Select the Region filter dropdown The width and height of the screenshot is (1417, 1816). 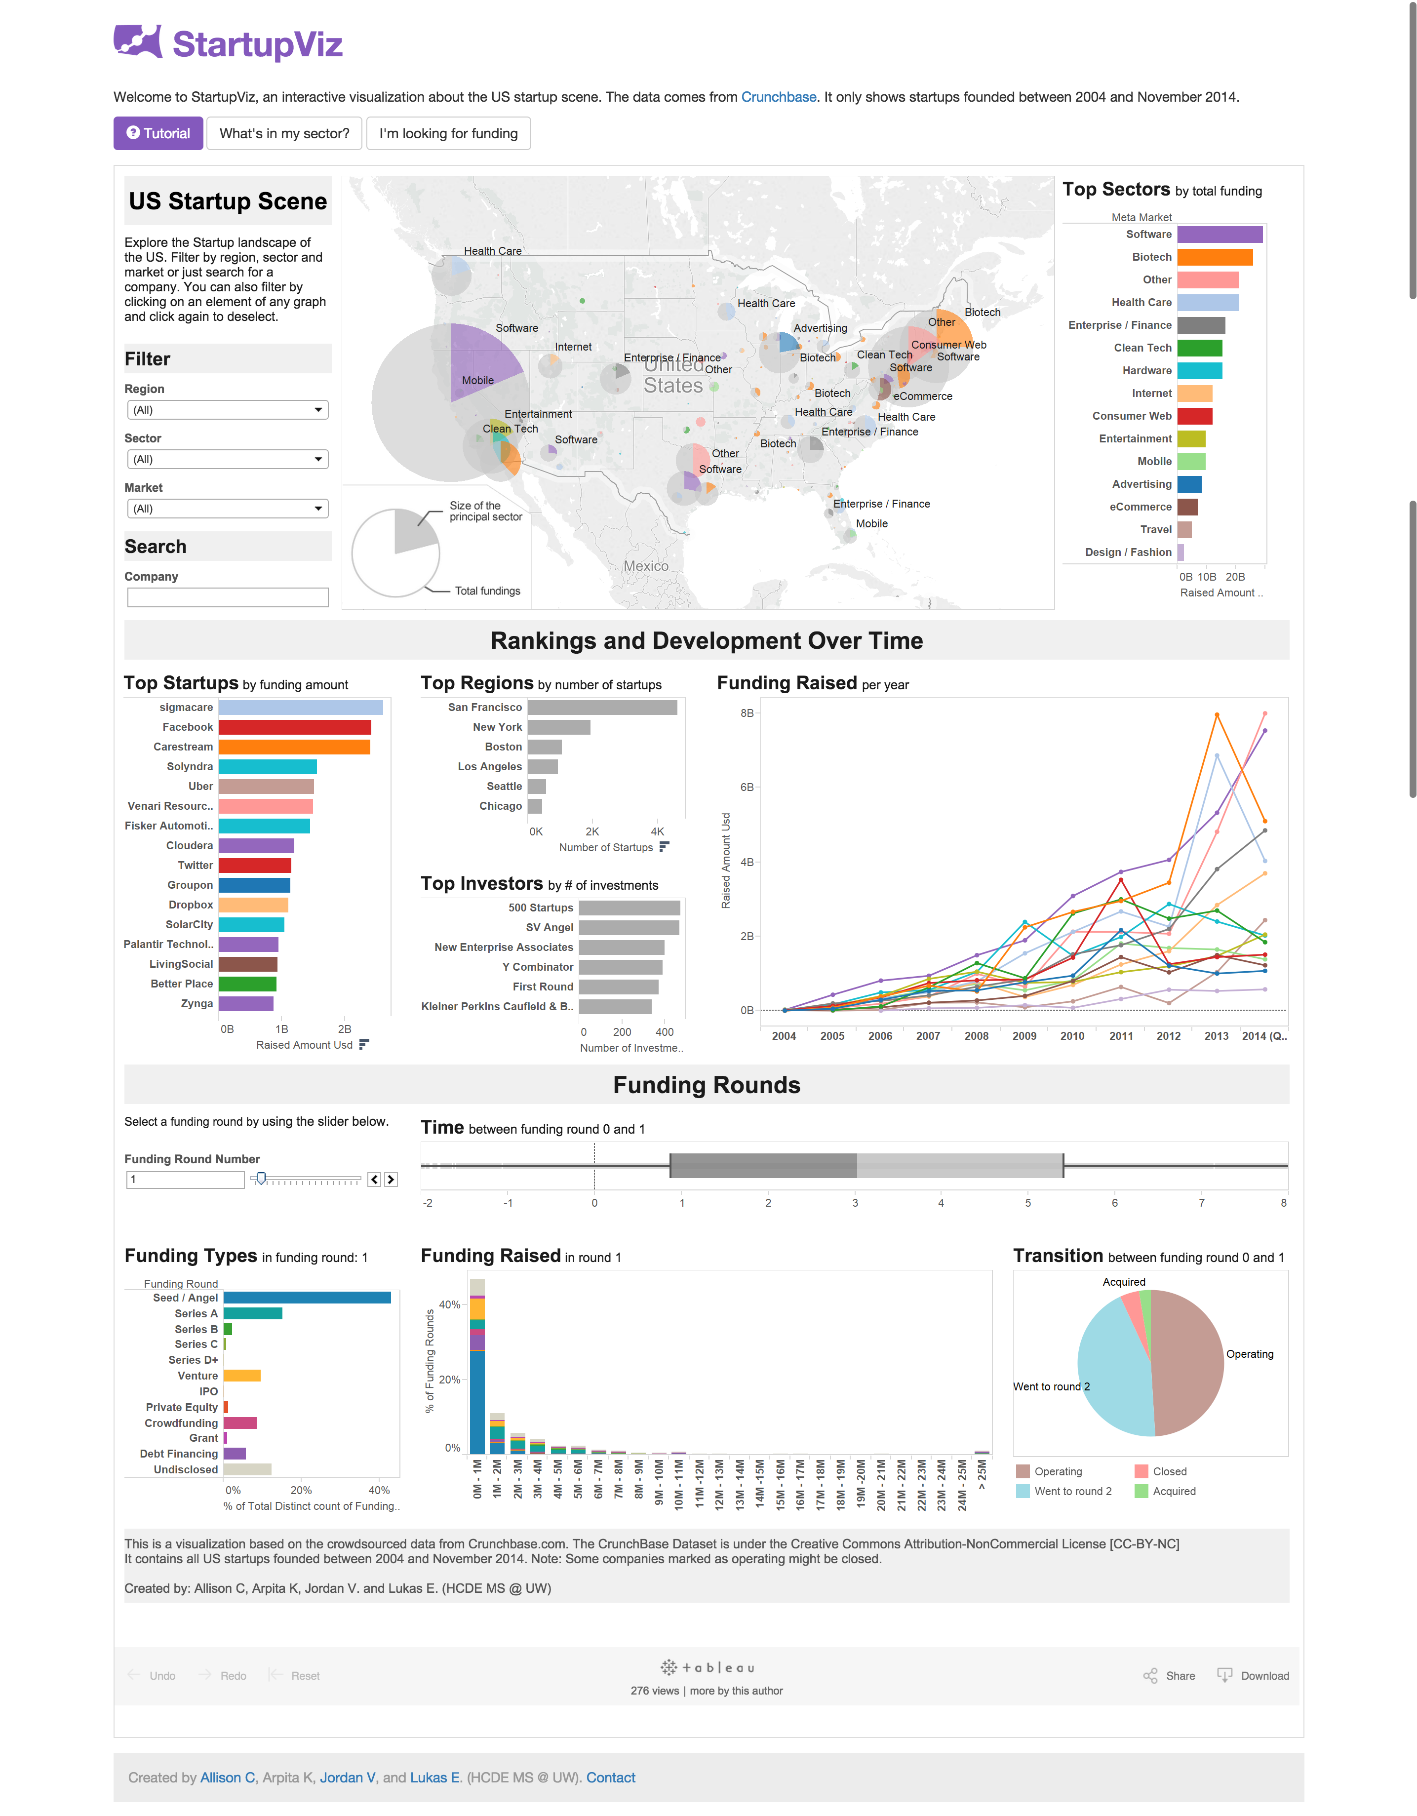click(x=227, y=410)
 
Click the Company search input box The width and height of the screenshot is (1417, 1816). click(x=227, y=597)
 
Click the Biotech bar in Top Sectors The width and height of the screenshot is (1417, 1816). click(x=1214, y=257)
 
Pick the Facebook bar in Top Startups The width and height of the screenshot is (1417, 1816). click(x=294, y=728)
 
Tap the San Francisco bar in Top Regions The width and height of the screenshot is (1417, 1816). click(x=602, y=708)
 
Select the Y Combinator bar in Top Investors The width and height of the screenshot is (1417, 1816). click(x=620, y=967)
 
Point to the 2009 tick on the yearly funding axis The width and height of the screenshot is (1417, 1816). click(x=1024, y=1036)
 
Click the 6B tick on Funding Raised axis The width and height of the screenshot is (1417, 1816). click(x=747, y=788)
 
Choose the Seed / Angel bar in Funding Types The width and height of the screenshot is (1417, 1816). click(x=307, y=1298)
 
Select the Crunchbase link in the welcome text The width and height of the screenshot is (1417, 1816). click(x=778, y=97)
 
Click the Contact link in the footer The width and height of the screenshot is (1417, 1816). click(x=610, y=1778)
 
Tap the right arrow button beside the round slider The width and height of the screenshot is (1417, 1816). click(x=391, y=1180)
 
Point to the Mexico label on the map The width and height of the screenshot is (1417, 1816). click(x=646, y=566)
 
